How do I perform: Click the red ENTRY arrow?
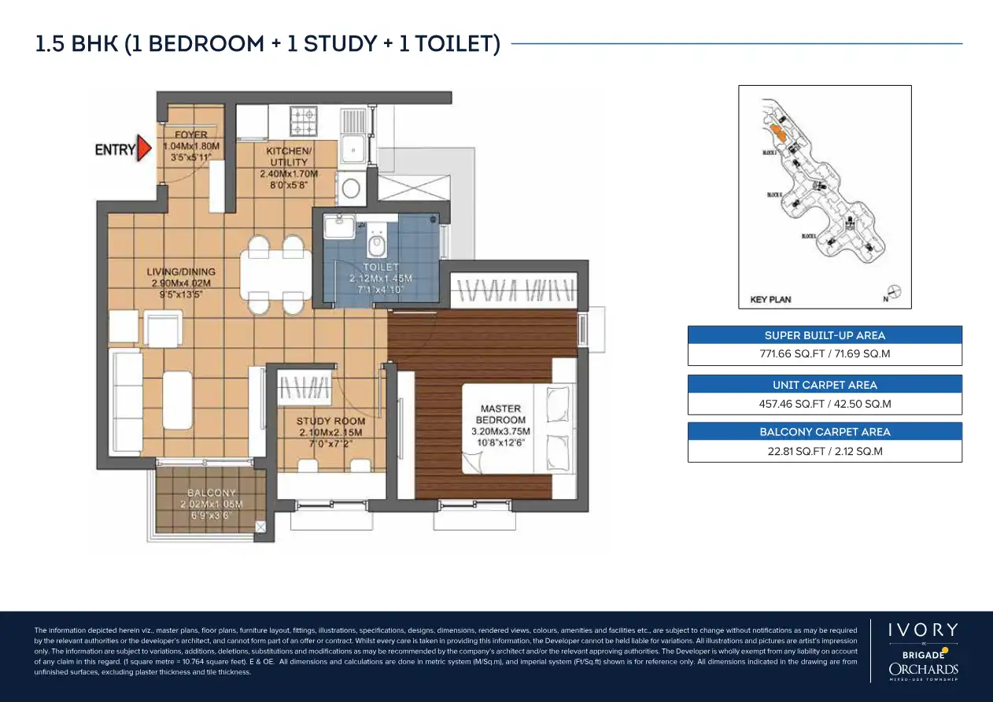click(x=143, y=149)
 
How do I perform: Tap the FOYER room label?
click(x=191, y=146)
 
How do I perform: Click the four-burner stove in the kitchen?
click(x=305, y=120)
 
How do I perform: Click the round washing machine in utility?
click(x=350, y=188)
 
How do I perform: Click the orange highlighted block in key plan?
click(x=777, y=131)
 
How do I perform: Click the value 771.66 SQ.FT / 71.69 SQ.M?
click(x=825, y=354)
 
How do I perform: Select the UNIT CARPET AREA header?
click(x=825, y=385)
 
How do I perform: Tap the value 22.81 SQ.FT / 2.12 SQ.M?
click(x=825, y=451)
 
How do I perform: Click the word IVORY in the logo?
click(x=923, y=630)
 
